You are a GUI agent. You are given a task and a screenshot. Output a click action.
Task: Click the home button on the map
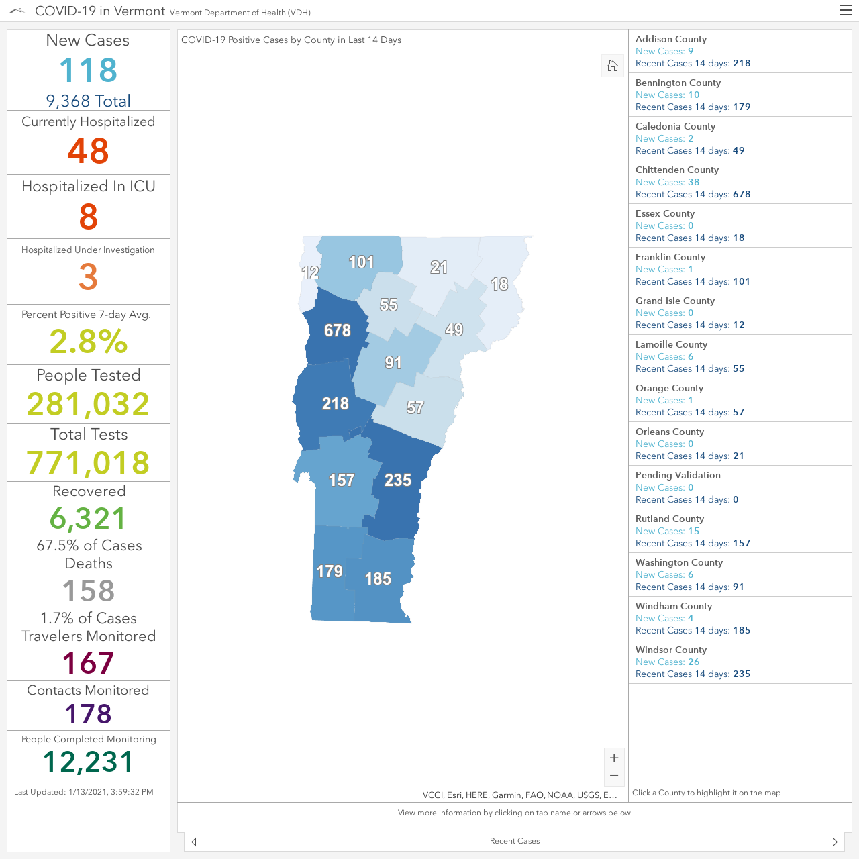(x=613, y=66)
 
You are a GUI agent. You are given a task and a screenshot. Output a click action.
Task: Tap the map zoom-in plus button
(x=614, y=758)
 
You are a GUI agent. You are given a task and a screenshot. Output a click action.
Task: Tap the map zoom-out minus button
(x=614, y=776)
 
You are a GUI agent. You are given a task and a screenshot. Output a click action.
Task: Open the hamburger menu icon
(x=845, y=10)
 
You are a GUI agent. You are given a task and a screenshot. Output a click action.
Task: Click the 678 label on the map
(x=338, y=331)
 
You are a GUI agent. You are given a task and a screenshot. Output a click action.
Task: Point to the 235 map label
(x=398, y=480)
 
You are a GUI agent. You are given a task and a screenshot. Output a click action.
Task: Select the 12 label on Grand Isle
(x=310, y=272)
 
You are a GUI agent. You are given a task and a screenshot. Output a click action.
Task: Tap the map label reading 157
(x=342, y=480)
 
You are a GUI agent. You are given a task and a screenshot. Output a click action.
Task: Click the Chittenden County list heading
(x=676, y=170)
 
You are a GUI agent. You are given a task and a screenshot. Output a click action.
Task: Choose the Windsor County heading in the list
(x=671, y=650)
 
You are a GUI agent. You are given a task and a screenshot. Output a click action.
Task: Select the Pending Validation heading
(x=678, y=475)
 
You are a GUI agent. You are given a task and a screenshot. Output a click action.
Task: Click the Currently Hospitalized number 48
(x=89, y=151)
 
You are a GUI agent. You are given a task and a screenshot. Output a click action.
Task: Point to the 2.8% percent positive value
(x=89, y=342)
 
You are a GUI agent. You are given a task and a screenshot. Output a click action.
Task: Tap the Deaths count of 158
(x=89, y=590)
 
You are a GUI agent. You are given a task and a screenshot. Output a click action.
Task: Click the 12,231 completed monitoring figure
(x=89, y=762)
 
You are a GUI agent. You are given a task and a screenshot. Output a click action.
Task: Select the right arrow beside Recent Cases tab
(x=835, y=842)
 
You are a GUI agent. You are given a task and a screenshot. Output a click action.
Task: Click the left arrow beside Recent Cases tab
(x=194, y=842)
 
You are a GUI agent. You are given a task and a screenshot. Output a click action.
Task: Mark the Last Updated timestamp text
(x=84, y=792)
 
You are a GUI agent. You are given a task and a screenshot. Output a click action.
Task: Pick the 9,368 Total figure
(x=89, y=101)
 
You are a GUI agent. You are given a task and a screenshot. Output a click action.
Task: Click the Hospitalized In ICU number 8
(x=89, y=217)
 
